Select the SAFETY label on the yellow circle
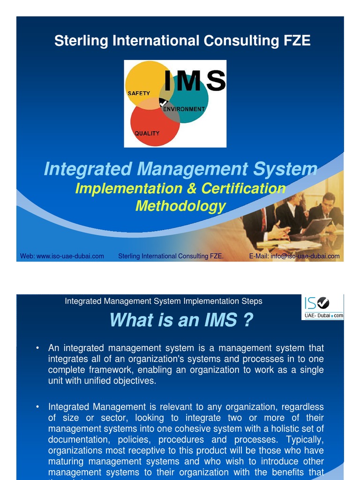point(139,93)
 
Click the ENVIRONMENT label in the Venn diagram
point(184,109)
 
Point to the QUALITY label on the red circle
point(147,133)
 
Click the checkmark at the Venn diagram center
point(163,102)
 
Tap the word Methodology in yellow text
point(180,206)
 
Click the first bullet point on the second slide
point(37,348)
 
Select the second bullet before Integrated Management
point(37,407)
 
